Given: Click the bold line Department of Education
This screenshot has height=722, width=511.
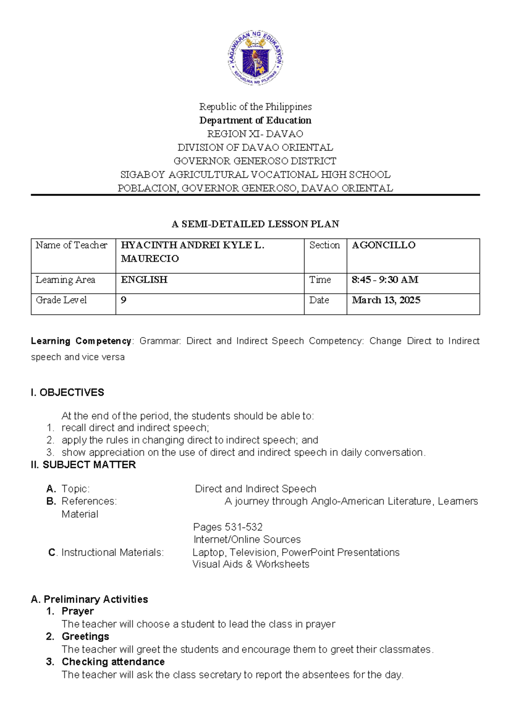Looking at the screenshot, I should tap(255, 120).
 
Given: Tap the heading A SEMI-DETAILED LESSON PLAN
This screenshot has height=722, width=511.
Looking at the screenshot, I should tap(255, 224).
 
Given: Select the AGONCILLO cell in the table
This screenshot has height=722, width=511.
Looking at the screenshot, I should tap(384, 245).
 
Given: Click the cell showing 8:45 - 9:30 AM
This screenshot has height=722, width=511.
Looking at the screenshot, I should tap(385, 280).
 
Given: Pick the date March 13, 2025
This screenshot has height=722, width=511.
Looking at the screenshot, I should tap(386, 300).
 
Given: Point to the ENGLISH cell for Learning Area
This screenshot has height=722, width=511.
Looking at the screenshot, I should tap(144, 280).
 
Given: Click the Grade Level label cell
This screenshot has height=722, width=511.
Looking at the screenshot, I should tap(61, 300).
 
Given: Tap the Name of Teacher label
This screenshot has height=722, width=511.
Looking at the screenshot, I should tap(72, 245).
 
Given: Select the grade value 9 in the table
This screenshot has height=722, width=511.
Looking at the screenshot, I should tap(123, 300).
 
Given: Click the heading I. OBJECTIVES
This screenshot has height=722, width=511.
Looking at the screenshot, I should tap(67, 393).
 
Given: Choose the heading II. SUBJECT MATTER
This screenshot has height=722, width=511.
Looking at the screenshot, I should tap(83, 465).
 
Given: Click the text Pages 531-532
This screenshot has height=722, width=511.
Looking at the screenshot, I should tap(227, 527).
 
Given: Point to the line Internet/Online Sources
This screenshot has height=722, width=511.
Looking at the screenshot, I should tap(247, 539).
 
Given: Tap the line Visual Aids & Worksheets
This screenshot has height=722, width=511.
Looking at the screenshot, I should tap(251, 564).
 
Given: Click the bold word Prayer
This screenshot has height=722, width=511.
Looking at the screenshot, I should tap(78, 611).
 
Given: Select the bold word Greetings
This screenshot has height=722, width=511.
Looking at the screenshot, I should tap(85, 636).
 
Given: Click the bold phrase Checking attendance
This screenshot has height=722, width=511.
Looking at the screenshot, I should tap(113, 662).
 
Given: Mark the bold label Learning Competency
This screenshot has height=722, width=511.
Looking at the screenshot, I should tap(81, 341).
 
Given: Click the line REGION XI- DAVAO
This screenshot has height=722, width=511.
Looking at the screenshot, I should tap(255, 134).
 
